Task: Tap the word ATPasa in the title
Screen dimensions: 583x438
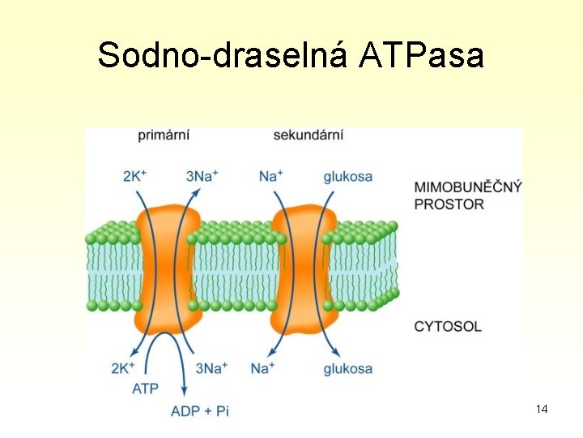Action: (x=422, y=55)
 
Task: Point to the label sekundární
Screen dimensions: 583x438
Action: (x=308, y=135)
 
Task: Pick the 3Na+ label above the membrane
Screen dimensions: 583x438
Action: (x=202, y=175)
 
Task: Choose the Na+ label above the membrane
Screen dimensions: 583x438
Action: (x=270, y=175)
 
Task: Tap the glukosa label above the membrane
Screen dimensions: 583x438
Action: (x=347, y=176)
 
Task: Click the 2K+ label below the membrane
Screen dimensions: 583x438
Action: (x=123, y=369)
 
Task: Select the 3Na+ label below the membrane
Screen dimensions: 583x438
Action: (x=212, y=369)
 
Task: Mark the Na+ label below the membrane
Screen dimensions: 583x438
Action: (x=262, y=369)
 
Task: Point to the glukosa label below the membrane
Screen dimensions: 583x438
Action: (x=347, y=369)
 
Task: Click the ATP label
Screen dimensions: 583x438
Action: (x=145, y=389)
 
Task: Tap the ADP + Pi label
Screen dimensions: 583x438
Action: (x=200, y=411)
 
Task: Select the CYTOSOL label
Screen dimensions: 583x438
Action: (x=448, y=326)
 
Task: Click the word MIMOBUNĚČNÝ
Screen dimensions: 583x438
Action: (x=468, y=187)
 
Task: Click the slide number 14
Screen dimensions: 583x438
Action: (x=542, y=409)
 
